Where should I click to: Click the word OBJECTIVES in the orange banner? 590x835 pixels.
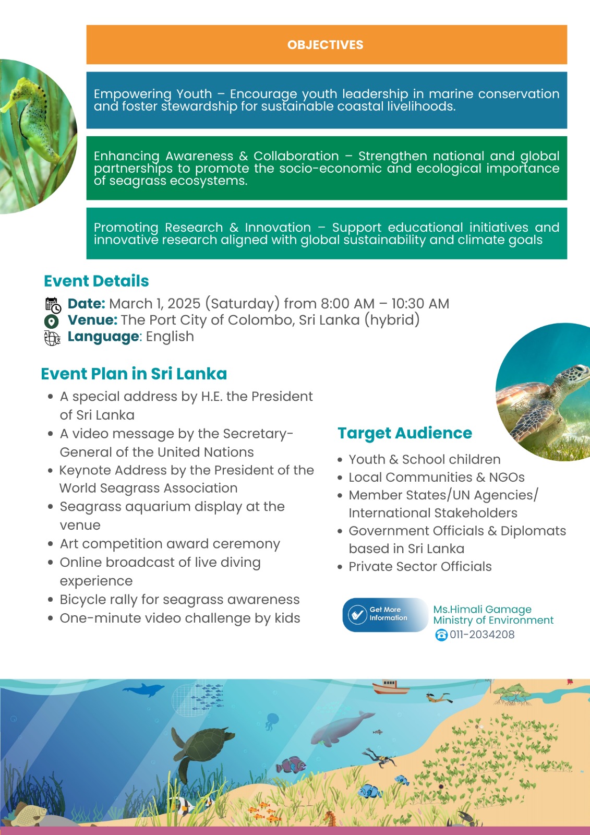tap(325, 45)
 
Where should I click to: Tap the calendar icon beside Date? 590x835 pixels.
tap(53, 305)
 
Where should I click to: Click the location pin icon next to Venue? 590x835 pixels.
tap(52, 321)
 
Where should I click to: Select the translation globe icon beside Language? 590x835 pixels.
tap(52, 338)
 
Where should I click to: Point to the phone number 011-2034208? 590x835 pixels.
tap(482, 635)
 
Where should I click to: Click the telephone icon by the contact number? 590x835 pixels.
tap(441, 635)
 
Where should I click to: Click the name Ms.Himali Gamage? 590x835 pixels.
tap(482, 609)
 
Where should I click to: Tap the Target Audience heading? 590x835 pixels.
tap(404, 433)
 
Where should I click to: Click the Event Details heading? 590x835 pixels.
tap(96, 281)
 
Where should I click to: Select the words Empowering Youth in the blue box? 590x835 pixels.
tap(153, 94)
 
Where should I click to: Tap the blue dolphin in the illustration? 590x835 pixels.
tap(142, 690)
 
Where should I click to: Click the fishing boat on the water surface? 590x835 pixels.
tap(391, 687)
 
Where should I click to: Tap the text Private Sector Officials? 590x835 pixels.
tap(420, 567)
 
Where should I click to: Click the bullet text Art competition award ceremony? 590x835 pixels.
tap(170, 544)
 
